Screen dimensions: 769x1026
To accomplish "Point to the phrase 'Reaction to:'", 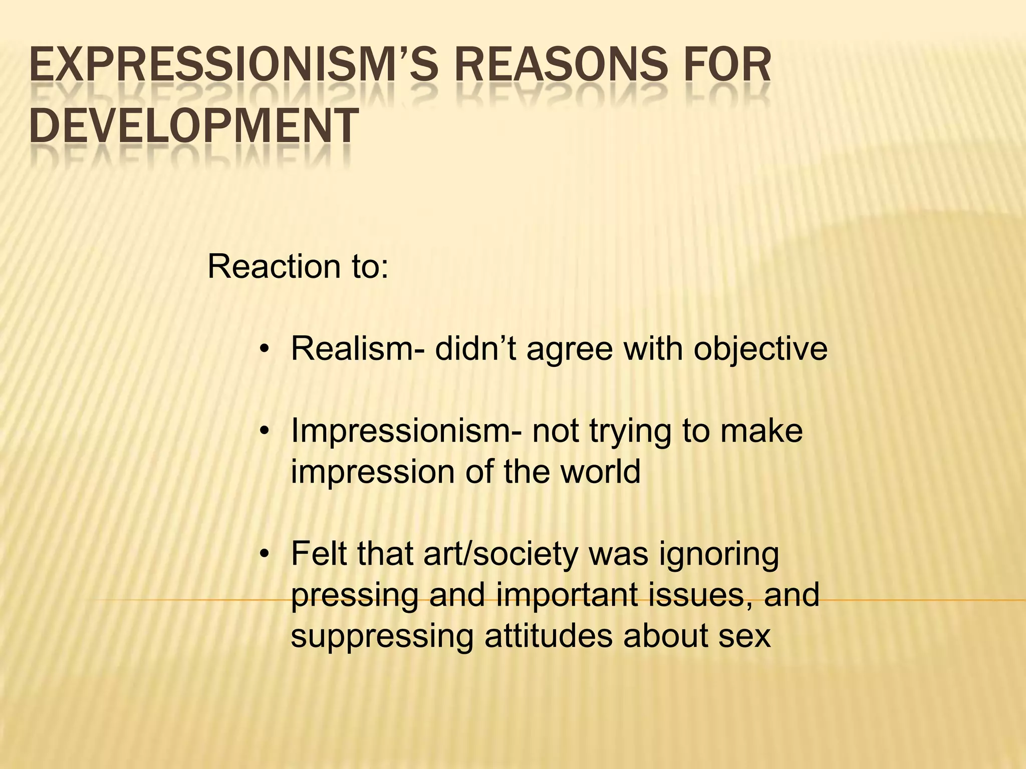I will point(298,266).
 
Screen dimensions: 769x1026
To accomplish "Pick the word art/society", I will point(500,555).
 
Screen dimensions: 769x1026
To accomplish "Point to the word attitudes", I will point(549,636).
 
